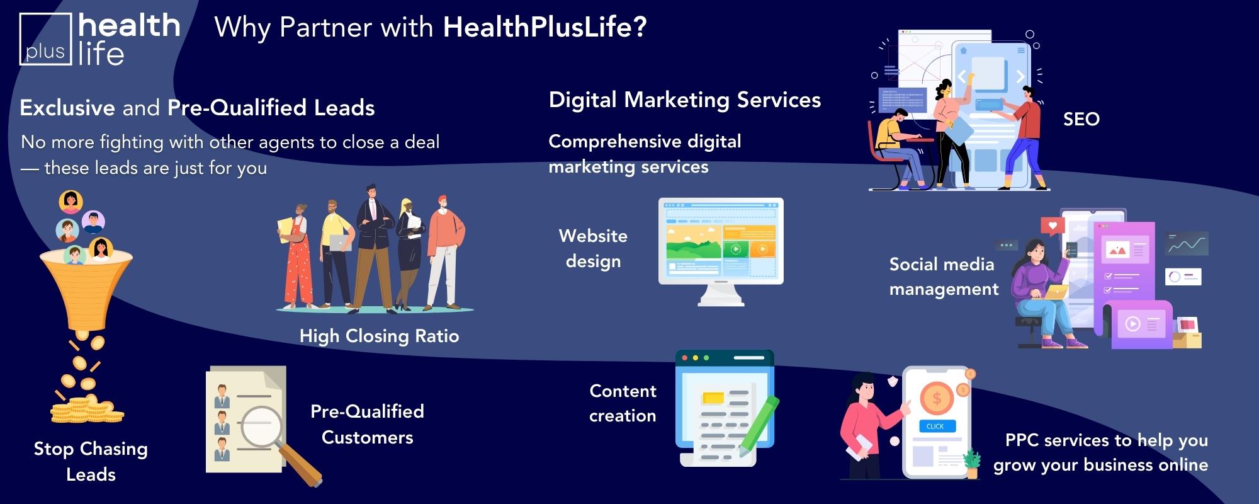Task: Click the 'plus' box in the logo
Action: click(45, 39)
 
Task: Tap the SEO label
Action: click(1081, 119)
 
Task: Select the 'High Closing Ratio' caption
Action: click(379, 336)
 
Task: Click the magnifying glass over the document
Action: click(277, 441)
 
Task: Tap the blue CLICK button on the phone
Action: click(935, 426)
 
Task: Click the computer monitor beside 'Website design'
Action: click(721, 251)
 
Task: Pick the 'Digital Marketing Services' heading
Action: click(685, 100)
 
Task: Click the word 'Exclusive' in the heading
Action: click(67, 108)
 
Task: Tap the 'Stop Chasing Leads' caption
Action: click(91, 461)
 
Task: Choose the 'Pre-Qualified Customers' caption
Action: click(367, 424)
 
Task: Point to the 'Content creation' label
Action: click(623, 403)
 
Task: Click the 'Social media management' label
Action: click(944, 277)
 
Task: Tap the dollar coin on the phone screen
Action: click(937, 398)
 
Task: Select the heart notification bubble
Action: click(1053, 226)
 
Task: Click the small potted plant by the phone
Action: click(973, 463)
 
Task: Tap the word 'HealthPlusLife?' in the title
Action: click(545, 27)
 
